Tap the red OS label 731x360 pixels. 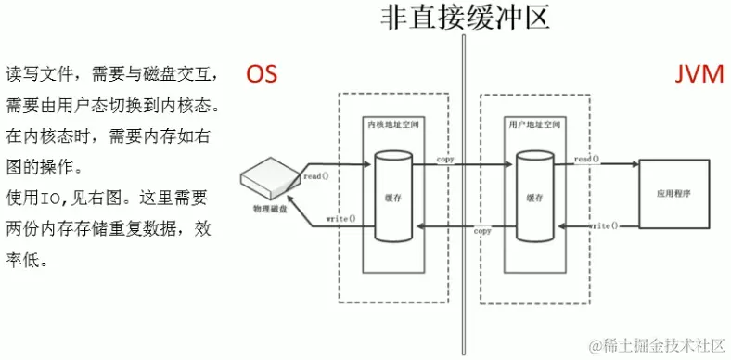tap(262, 74)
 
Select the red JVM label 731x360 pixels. tap(698, 74)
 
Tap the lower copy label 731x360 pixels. tap(482, 230)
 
